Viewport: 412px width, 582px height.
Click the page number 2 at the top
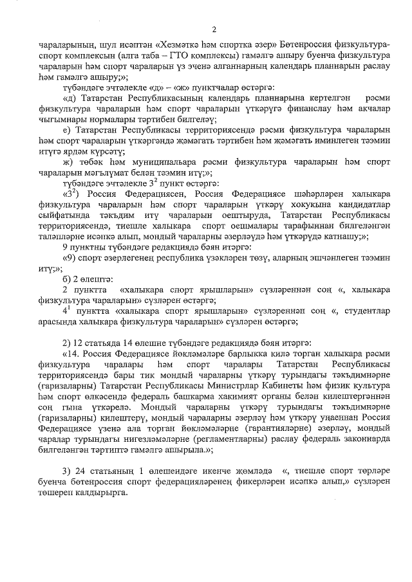pos(214,29)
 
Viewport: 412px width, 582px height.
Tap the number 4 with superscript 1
pos(65,310)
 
